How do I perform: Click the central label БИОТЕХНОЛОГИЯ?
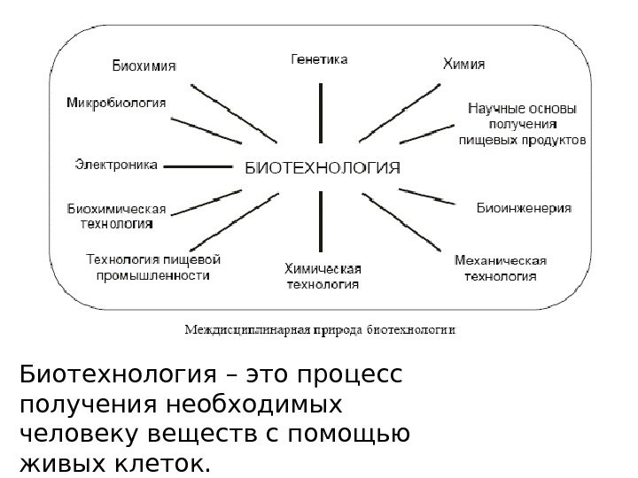click(x=322, y=167)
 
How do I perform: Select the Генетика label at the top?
click(x=320, y=59)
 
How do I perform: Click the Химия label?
click(x=470, y=64)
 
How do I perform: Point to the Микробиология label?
click(x=116, y=102)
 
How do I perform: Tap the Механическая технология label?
click(x=501, y=268)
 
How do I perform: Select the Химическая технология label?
click(x=322, y=276)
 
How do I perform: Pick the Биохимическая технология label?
click(x=117, y=217)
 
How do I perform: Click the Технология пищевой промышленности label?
click(x=152, y=267)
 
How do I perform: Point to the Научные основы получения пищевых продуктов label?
click(x=521, y=124)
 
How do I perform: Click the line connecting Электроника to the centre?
click(x=198, y=166)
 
